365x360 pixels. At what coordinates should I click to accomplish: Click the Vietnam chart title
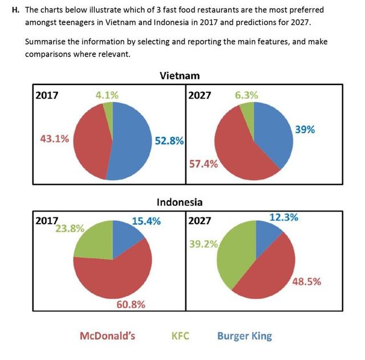pos(180,76)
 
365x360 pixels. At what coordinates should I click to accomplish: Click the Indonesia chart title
pos(180,202)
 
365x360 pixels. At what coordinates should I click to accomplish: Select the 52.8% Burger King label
pos(169,141)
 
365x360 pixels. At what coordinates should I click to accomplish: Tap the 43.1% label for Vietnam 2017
pos(55,138)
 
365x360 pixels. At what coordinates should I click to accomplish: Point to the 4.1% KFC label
pos(107,95)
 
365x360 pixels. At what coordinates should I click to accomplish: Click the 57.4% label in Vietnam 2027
pos(203,164)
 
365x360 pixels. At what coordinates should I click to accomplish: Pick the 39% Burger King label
pos(305,130)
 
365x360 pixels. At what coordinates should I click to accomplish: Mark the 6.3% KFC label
pos(246,95)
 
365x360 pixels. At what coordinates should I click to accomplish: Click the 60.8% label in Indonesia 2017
pos(131,304)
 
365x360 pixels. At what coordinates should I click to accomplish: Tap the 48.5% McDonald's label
pos(306,281)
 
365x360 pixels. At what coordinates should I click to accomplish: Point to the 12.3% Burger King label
pos(283,217)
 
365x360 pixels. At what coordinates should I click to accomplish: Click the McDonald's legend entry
pos(107,335)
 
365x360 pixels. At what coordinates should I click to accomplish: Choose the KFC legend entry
pos(180,335)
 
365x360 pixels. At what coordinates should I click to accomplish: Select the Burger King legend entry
pos(244,335)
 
